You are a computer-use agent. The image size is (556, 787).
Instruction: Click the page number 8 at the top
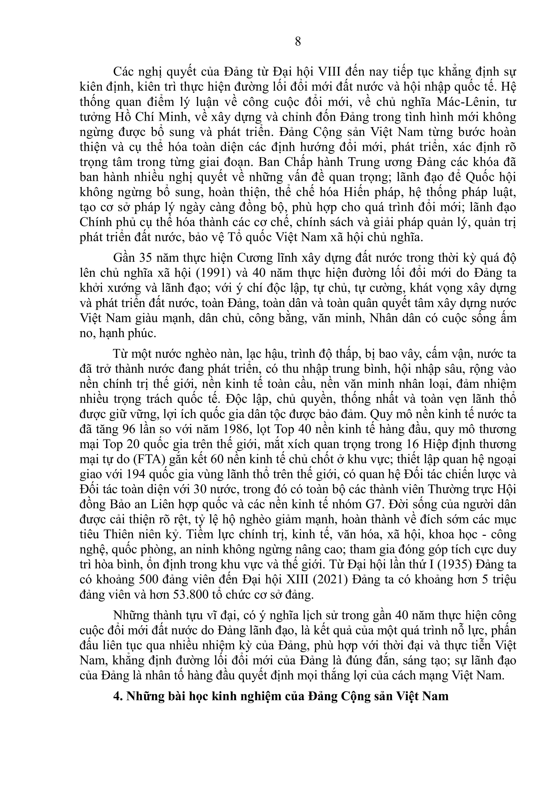[298, 41]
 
